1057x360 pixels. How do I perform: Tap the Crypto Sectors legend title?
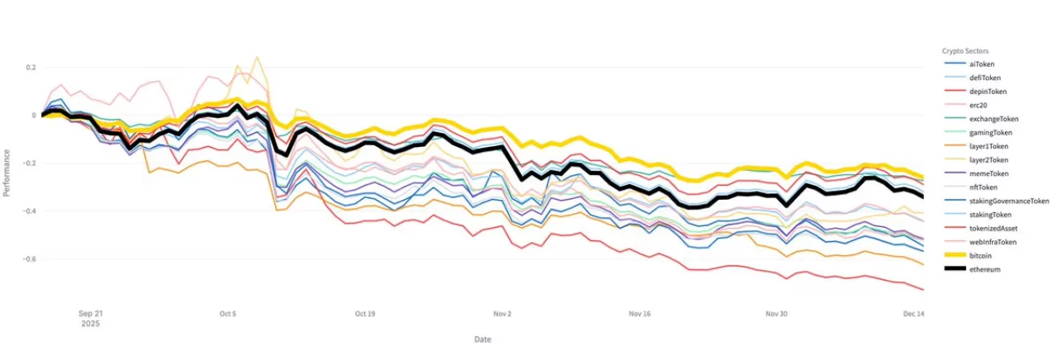coord(966,50)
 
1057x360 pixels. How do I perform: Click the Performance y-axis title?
coord(7,173)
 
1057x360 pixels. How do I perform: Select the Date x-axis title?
coord(483,339)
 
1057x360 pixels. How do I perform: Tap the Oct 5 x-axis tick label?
coord(229,314)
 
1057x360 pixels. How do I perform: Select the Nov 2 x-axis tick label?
coord(502,314)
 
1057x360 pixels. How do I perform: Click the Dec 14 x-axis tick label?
coord(912,314)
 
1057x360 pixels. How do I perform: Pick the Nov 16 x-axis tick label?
coord(639,314)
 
